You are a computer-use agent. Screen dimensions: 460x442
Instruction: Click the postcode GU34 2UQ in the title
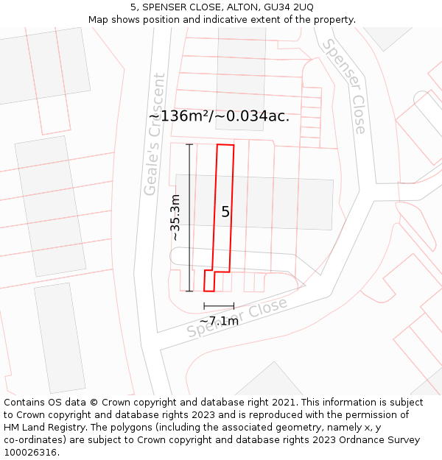(287, 7)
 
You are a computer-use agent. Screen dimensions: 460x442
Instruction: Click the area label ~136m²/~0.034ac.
(219, 116)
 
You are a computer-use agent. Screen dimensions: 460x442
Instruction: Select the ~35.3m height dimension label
(175, 217)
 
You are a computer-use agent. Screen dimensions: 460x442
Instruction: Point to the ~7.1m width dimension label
(219, 321)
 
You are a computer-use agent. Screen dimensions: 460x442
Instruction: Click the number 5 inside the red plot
(225, 212)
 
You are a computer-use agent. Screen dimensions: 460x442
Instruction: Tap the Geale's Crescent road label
(154, 134)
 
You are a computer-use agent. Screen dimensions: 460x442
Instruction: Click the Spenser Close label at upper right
(344, 87)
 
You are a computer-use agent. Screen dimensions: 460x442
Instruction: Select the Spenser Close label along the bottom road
(236, 318)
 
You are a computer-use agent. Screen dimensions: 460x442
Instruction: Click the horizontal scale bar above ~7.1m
(219, 305)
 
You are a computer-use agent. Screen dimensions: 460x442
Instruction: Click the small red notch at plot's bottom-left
(209, 281)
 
